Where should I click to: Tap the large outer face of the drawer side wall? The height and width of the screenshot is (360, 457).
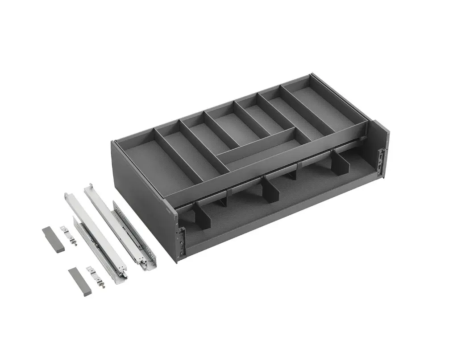(143, 178)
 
